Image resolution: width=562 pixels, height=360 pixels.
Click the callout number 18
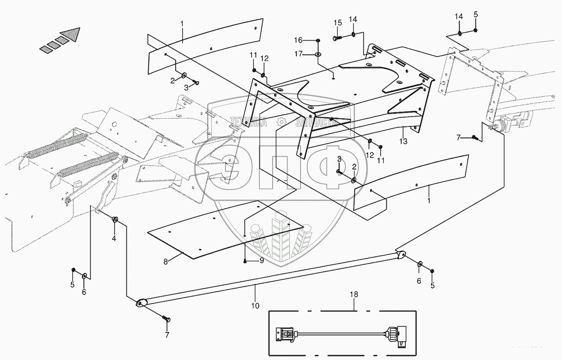[x=354, y=295]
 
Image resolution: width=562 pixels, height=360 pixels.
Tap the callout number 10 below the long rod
[x=255, y=305]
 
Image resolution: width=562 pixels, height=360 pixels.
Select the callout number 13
[x=403, y=141]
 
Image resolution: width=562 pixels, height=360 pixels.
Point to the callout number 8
[x=165, y=262]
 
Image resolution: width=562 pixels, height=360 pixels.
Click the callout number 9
[x=261, y=261]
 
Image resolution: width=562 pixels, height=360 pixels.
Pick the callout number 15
[x=337, y=23]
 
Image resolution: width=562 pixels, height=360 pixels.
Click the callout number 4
[x=114, y=238]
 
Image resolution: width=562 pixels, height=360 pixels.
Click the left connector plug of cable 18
[x=284, y=334]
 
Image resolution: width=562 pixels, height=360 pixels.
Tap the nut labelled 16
[x=319, y=41]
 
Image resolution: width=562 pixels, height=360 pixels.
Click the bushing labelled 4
[x=114, y=219]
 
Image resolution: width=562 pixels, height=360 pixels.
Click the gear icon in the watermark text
[x=281, y=122]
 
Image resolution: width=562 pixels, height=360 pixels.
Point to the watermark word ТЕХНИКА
[x=248, y=122]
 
